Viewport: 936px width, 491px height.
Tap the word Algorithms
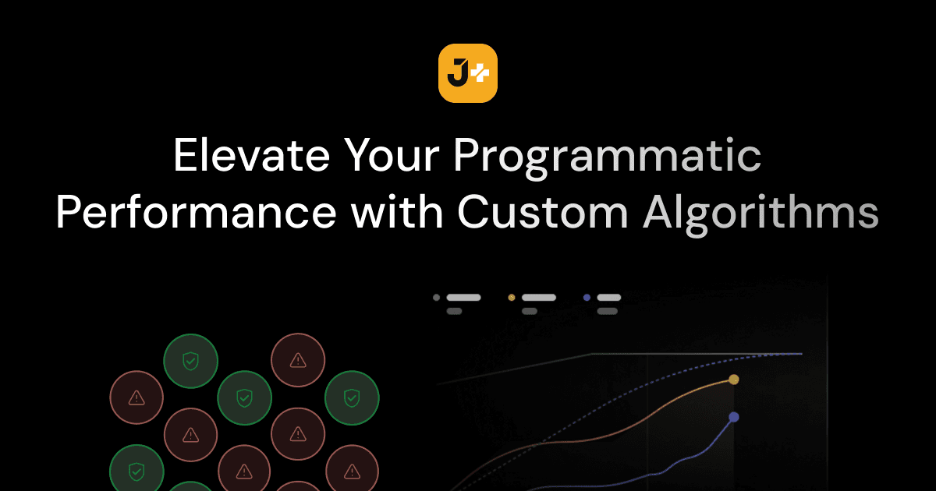(760, 213)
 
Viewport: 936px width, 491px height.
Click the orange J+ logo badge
(468, 73)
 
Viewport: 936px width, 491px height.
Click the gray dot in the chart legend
(436, 297)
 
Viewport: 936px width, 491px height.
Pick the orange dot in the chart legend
(512, 297)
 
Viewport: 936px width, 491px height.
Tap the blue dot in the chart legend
(587, 297)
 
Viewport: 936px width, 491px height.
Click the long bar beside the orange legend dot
(538, 297)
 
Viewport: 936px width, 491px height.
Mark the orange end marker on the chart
(733, 380)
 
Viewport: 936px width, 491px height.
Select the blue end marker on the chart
(733, 417)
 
